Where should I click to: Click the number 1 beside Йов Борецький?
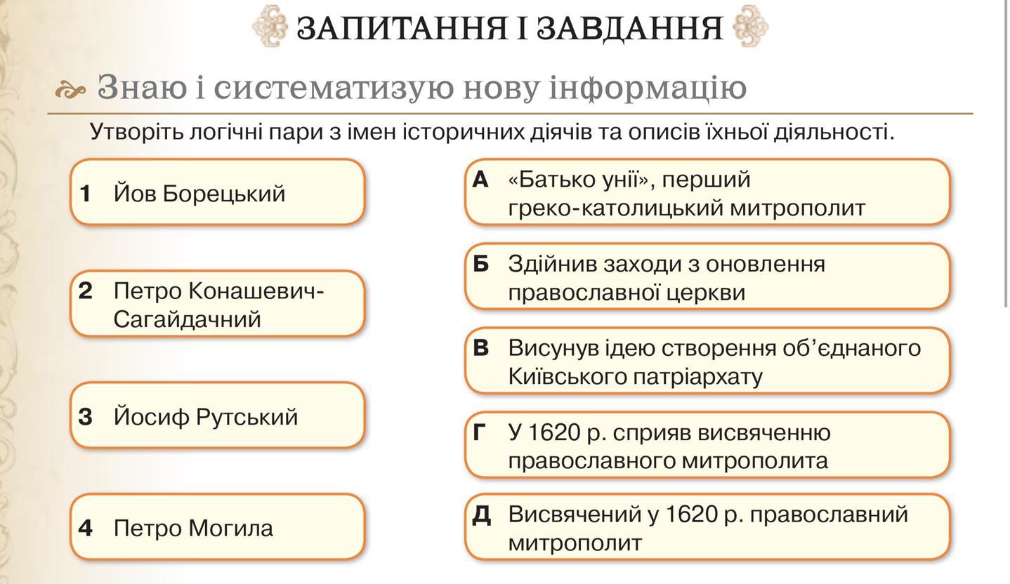click(x=85, y=194)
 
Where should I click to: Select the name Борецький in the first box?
click(x=224, y=194)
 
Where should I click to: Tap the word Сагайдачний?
click(x=187, y=319)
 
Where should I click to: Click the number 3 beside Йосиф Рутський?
click(x=85, y=417)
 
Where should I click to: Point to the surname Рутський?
click(x=247, y=417)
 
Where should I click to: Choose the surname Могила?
click(x=231, y=528)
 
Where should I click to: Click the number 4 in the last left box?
click(x=85, y=528)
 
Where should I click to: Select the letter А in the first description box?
click(x=480, y=180)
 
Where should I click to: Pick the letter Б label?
click(x=480, y=264)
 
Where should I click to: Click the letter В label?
click(x=480, y=348)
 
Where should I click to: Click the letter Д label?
click(x=481, y=515)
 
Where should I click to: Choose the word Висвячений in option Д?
click(x=575, y=515)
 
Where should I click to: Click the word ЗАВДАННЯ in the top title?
click(x=630, y=29)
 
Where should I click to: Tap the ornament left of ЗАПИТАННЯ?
click(x=270, y=26)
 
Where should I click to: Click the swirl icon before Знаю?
click(x=70, y=89)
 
